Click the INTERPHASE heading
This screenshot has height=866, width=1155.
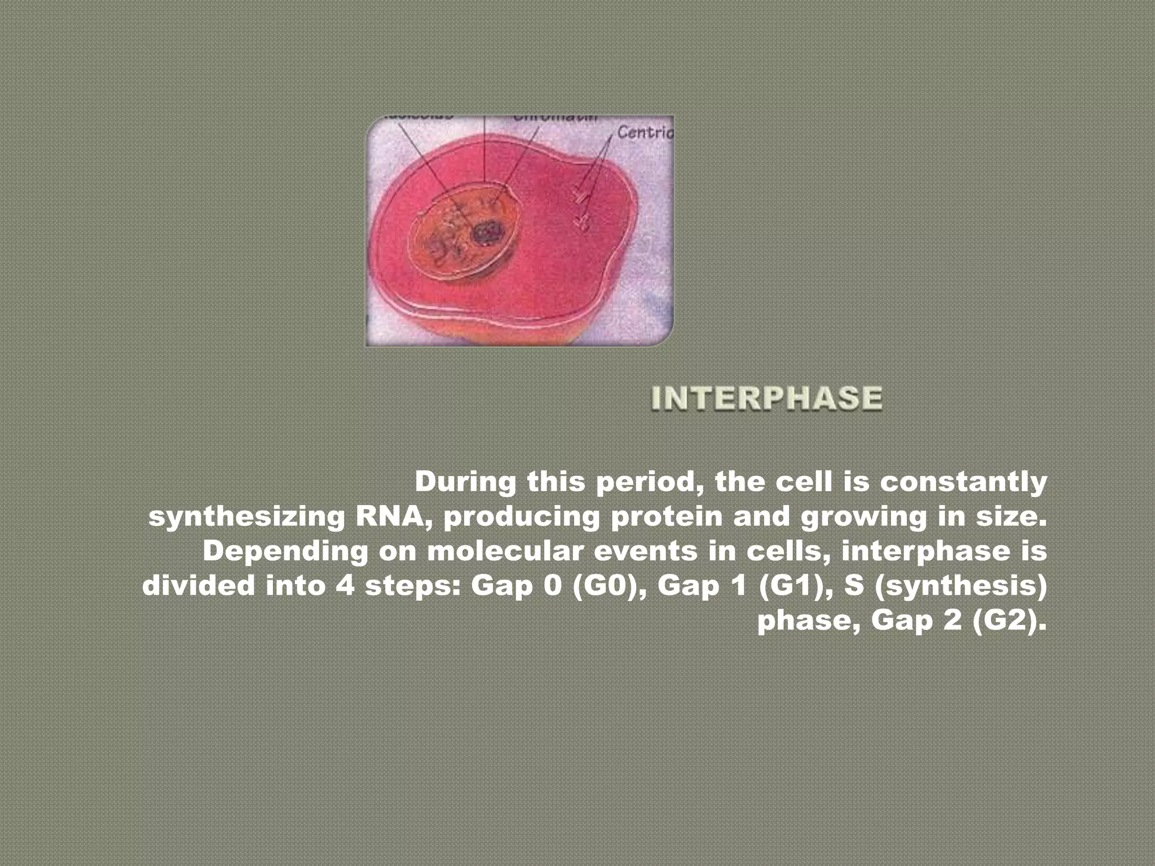767,398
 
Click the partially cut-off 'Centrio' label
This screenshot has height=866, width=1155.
645,132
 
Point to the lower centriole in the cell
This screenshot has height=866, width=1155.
581,223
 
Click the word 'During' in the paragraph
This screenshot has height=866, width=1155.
465,482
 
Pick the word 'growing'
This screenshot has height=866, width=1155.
863,517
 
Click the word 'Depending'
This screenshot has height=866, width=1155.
285,551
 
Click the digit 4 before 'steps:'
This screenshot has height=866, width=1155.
345,586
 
